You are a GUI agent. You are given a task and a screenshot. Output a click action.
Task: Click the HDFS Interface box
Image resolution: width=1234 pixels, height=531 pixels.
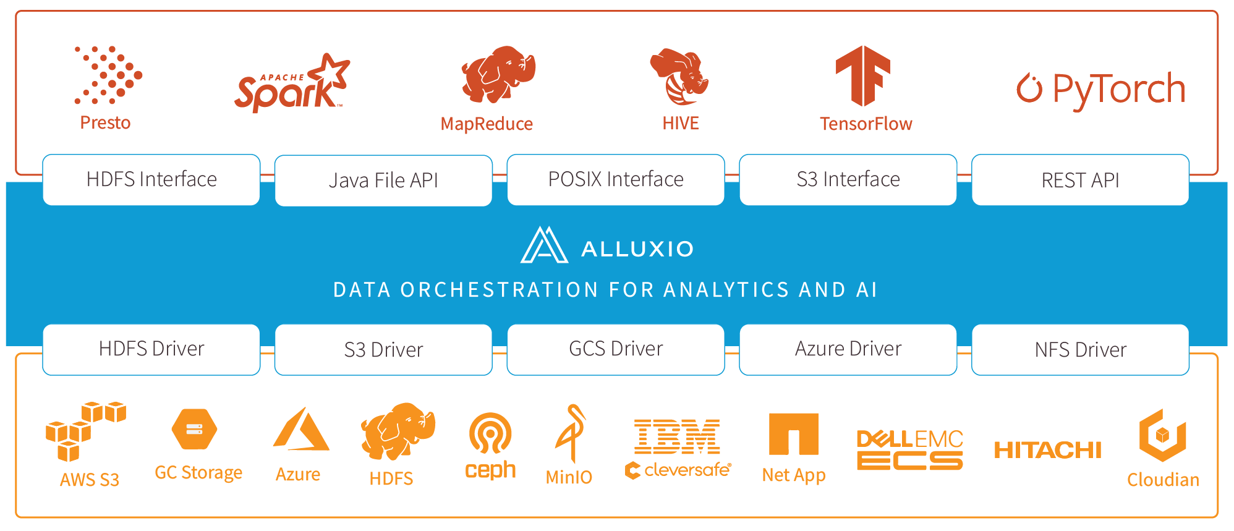click(x=151, y=179)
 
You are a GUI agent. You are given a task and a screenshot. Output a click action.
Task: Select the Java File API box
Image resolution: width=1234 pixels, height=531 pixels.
click(x=383, y=181)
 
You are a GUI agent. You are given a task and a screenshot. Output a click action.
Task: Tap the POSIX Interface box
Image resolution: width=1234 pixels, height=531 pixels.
click(x=616, y=179)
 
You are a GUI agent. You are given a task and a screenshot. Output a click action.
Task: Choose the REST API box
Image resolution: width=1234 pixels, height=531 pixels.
click(x=1080, y=181)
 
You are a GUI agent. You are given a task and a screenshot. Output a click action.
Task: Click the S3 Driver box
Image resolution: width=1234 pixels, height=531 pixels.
click(x=383, y=350)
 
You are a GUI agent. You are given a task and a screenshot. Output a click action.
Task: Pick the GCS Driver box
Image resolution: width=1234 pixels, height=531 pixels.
click(x=616, y=349)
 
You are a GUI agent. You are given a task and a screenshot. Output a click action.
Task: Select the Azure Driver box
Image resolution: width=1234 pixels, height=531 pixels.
click(x=848, y=349)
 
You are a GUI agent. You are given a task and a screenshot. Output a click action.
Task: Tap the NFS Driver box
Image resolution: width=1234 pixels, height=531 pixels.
click(x=1080, y=350)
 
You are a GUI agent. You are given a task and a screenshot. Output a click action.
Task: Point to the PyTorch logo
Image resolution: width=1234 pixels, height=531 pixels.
click(x=1101, y=89)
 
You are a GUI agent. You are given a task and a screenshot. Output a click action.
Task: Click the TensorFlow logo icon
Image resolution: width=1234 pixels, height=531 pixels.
click(x=863, y=75)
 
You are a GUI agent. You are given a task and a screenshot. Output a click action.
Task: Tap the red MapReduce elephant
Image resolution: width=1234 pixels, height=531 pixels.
click(x=498, y=74)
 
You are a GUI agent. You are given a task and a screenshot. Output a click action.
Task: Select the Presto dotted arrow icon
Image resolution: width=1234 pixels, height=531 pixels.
click(x=108, y=75)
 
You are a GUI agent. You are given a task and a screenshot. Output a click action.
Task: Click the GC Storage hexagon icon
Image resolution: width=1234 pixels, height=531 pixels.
click(x=194, y=428)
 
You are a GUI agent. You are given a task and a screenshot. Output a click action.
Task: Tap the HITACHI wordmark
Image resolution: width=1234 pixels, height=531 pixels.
click(x=1047, y=450)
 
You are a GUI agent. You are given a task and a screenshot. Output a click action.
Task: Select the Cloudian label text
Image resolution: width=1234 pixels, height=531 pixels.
click(x=1163, y=480)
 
